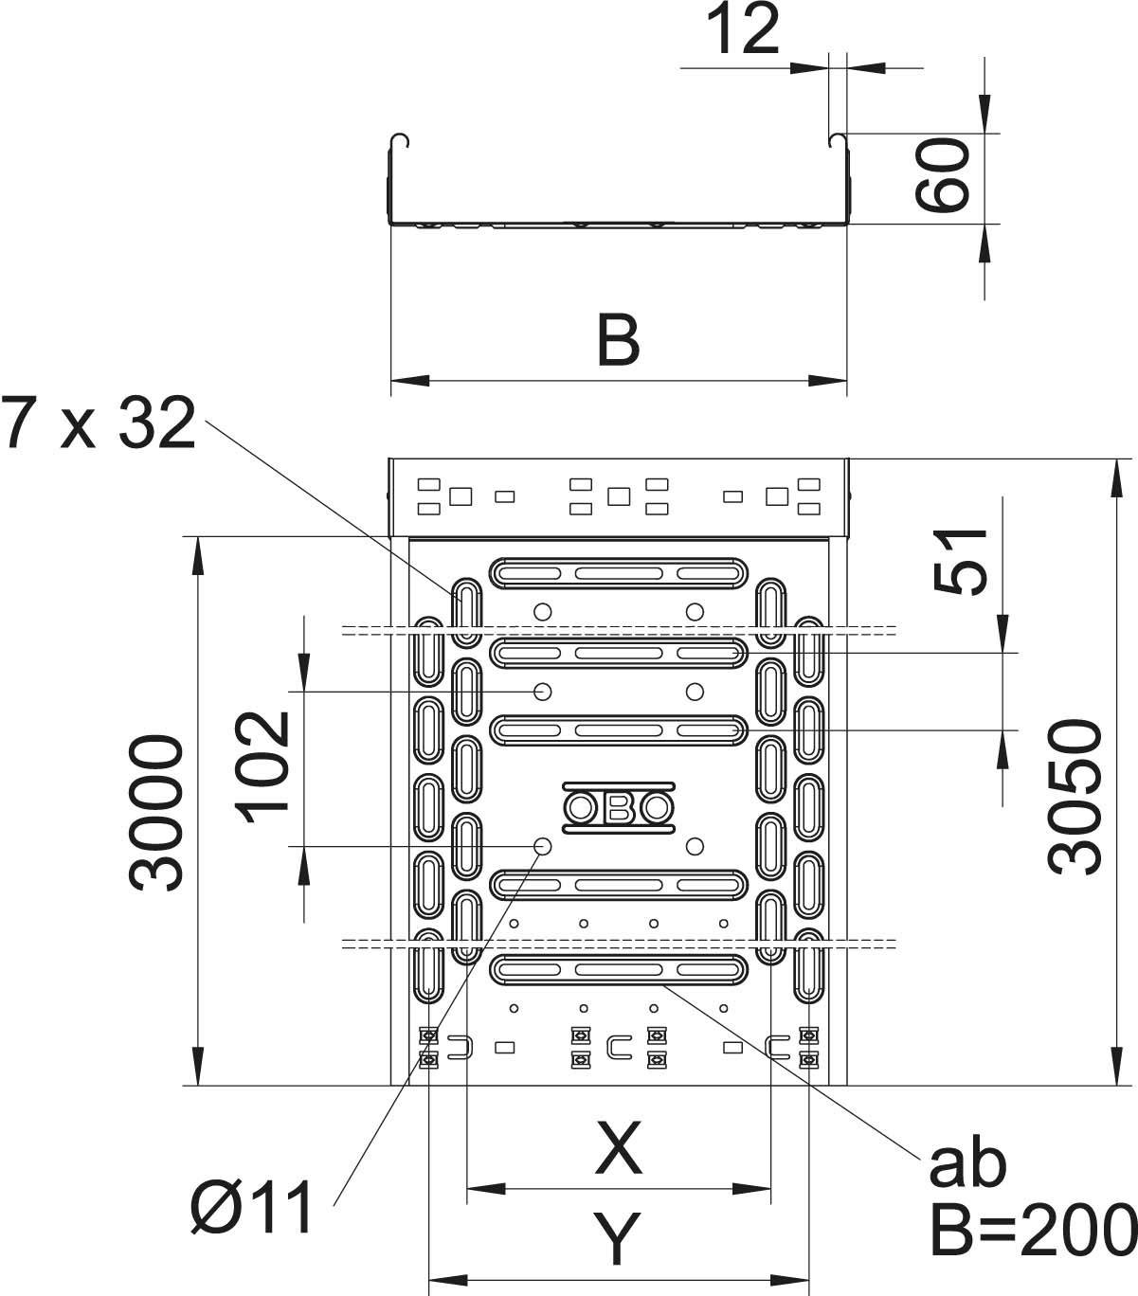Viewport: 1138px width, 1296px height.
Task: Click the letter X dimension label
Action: point(618,1147)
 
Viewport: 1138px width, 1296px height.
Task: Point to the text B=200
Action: point(1033,1229)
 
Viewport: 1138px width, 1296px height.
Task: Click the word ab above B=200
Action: point(966,1165)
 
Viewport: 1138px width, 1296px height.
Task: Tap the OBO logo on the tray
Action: point(619,808)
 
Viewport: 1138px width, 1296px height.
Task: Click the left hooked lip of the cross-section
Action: point(402,141)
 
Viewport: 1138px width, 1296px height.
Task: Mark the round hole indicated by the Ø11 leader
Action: point(543,845)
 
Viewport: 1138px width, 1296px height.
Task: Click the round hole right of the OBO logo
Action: point(695,845)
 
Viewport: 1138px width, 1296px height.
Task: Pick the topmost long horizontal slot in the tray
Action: point(619,571)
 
